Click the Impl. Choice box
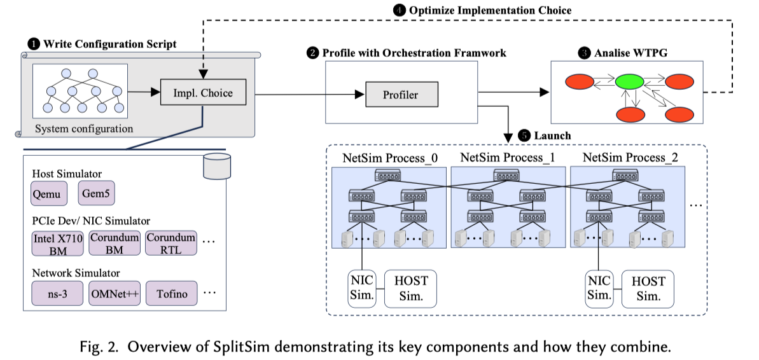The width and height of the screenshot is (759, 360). [203, 93]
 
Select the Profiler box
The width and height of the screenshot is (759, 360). [400, 95]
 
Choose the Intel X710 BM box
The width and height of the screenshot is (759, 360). [58, 244]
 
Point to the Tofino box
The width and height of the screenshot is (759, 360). [171, 293]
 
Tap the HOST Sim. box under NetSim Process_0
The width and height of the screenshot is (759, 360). [411, 288]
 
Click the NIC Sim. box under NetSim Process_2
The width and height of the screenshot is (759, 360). [598, 288]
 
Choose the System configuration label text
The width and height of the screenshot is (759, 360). [84, 128]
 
